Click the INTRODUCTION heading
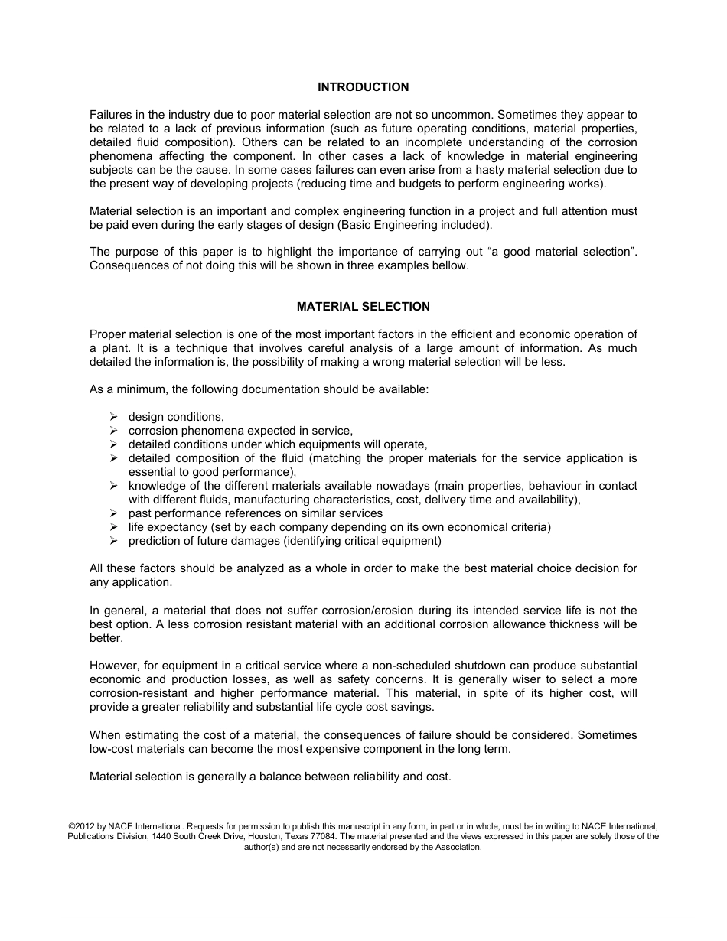[363, 87]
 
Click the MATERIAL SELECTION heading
[363, 307]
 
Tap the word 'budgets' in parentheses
[398, 184]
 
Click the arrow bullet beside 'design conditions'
[113, 417]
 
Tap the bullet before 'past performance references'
[113, 513]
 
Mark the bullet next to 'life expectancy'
[113, 527]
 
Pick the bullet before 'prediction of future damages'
[113, 541]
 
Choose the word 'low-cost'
[112, 749]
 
